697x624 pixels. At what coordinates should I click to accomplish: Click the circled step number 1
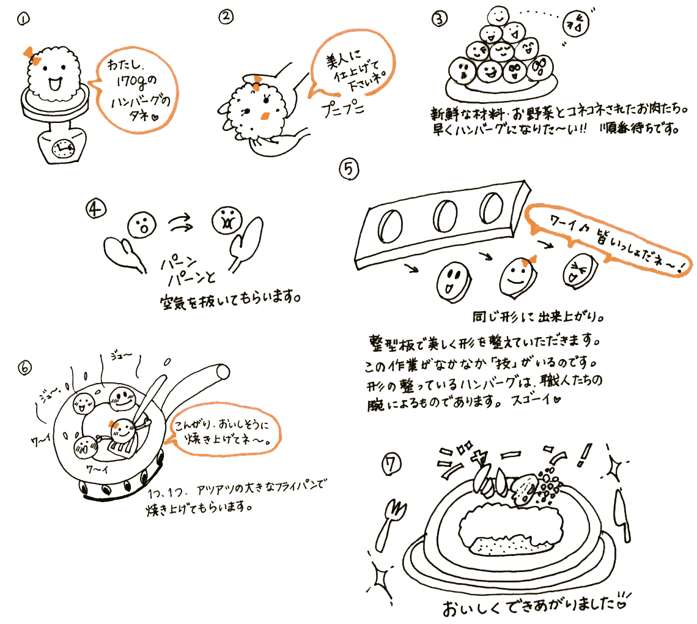click(24, 19)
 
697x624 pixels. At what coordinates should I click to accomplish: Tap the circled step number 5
click(349, 169)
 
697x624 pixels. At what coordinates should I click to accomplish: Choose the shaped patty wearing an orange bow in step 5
click(517, 277)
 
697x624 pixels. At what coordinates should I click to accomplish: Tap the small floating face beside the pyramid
click(576, 24)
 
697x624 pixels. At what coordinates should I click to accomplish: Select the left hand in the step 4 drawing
click(125, 253)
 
